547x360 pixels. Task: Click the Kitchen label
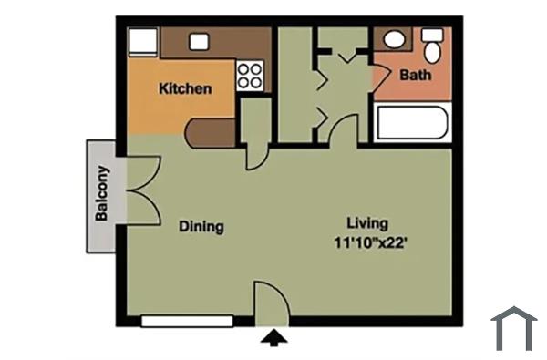pos(186,89)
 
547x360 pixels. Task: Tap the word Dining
pos(201,227)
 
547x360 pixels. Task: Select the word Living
pos(367,223)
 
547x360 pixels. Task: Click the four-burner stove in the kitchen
pos(250,76)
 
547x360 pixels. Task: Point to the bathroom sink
pos(395,40)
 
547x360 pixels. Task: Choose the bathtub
pos(411,123)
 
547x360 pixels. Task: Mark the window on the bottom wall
pos(187,321)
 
